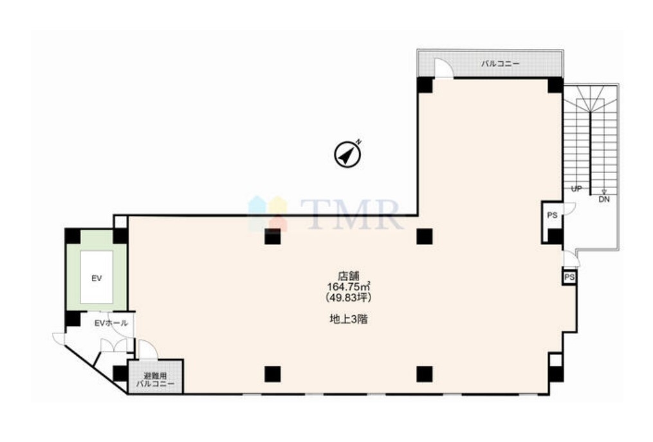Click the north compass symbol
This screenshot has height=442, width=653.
coord(348,154)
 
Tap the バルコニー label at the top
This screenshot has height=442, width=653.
coord(500,64)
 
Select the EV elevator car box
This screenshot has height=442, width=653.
coord(97,277)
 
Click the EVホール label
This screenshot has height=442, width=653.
coord(111,323)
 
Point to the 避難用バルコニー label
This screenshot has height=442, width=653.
coord(155,380)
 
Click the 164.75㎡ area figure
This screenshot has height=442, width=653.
coord(349,286)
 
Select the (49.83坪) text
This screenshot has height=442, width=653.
coord(348,297)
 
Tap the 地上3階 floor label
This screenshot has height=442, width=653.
coord(348,320)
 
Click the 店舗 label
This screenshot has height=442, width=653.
coord(349,276)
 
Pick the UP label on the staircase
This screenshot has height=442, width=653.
coord(576,189)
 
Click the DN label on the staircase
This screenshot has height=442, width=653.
coord(604,199)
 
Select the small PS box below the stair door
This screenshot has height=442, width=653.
coord(569,277)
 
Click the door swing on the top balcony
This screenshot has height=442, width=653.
coord(443,68)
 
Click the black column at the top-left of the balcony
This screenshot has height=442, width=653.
coord(425,85)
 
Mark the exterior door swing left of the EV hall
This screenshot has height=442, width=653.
coord(59,338)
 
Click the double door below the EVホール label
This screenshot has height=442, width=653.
coord(114,345)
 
